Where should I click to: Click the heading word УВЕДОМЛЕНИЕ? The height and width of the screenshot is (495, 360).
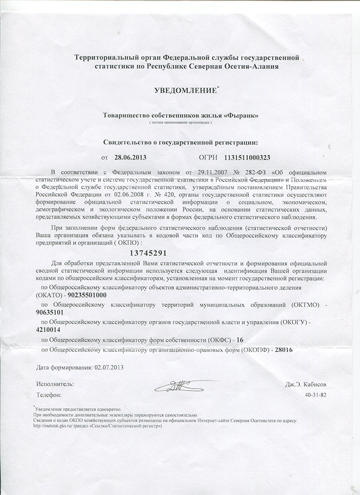pyautogui.click(x=185, y=90)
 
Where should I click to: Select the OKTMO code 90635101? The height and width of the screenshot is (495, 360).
pyautogui.click(x=50, y=311)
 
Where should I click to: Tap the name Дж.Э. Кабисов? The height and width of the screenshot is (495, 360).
pyautogui.click(x=305, y=384)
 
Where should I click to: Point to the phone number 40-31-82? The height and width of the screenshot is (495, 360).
pyautogui.click(x=315, y=395)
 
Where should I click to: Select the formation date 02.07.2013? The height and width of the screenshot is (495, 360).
pyautogui.click(x=108, y=368)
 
